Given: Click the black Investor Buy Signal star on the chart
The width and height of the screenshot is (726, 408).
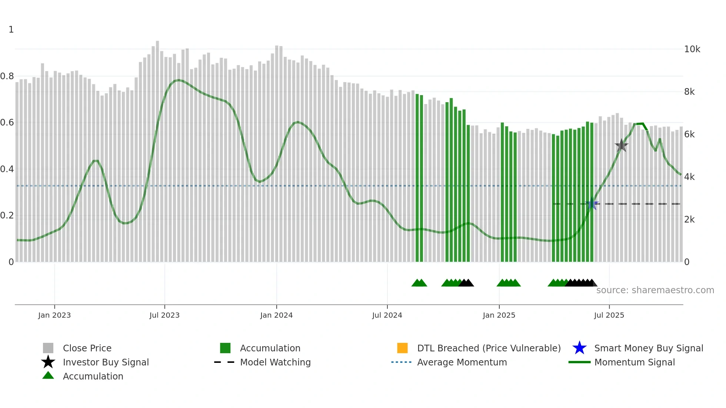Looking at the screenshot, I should pos(621,146).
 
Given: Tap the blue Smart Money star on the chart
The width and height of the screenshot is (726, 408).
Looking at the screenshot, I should pos(592,204).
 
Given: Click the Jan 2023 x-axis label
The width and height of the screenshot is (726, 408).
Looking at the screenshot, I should pos(54,315).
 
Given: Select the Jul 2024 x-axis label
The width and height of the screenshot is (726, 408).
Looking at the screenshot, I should pos(387,315).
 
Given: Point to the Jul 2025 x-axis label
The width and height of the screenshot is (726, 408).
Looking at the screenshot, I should pos(609,315).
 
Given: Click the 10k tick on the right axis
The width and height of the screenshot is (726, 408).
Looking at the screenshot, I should pos(692,49).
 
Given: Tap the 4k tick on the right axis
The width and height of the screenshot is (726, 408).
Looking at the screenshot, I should pos(689,177).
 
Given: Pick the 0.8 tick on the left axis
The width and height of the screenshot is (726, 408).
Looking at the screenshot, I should pos(7,76).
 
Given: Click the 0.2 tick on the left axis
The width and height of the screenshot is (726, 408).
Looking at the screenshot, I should pos(7,215).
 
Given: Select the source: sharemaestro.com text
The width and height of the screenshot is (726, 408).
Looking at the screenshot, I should pos(655,290).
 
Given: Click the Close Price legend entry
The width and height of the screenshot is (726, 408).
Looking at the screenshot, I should pos(87,348).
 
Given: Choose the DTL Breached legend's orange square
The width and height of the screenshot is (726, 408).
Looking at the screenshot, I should pos(402,348).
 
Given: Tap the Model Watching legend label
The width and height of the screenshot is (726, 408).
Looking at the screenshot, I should pos(275,362).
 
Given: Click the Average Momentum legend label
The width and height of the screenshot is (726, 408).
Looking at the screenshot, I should pos(462,362).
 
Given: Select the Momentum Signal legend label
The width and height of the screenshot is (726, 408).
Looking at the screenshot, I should pos(635,362).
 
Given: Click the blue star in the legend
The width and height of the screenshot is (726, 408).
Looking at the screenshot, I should pos(579,348).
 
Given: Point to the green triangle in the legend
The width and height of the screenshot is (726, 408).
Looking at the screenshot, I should pos(48,375).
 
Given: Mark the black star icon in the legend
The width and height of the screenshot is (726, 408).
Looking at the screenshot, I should pos(48,362).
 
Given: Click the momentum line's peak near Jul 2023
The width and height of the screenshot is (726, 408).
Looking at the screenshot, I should pos(179,80).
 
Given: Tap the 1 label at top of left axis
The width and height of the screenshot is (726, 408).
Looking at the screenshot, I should pos(11,30).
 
